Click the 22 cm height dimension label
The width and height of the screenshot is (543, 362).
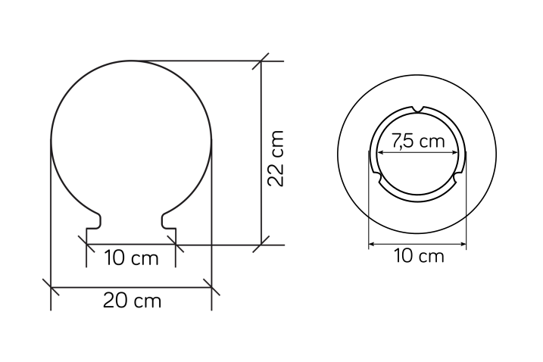click(276, 158)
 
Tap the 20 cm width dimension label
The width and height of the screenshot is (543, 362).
click(133, 301)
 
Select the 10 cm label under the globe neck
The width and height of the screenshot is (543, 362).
click(131, 258)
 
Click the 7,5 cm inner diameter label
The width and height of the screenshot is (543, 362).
click(418, 141)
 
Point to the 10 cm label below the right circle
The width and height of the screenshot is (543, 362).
click(419, 256)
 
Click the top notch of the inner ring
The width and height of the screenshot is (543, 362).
click(418, 110)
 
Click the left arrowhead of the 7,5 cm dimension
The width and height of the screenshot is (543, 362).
click(380, 152)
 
